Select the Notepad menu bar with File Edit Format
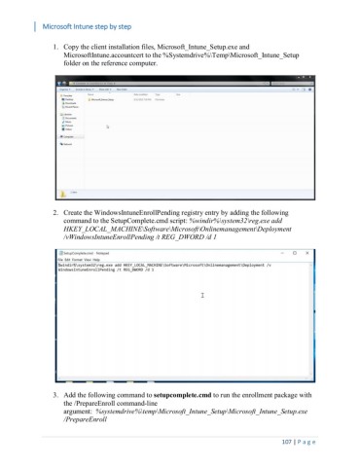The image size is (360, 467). tap(74, 261)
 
